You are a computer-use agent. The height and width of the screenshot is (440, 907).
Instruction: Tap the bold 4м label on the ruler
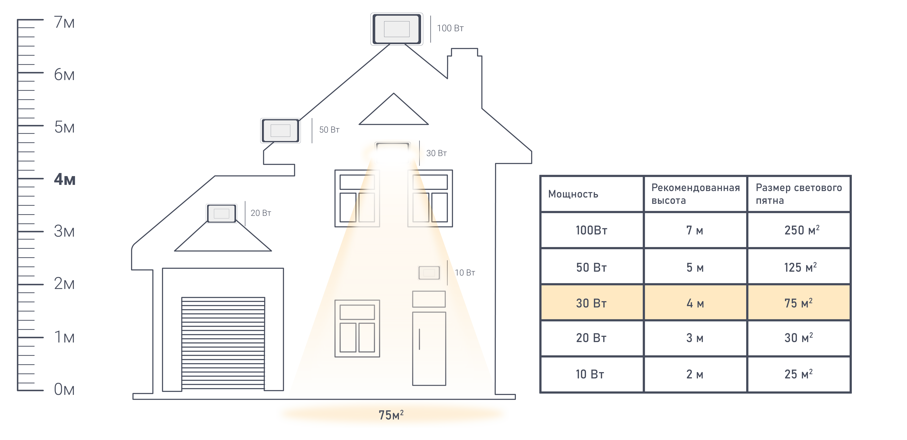pos(64,179)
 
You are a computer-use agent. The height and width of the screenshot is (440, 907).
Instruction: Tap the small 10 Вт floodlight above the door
pos(429,273)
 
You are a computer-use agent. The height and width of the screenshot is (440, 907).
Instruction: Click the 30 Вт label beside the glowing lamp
pos(436,153)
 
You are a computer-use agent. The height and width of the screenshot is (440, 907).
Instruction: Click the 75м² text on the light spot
pos(391,415)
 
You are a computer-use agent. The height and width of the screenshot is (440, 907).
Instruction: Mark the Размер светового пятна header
pos(799,194)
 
